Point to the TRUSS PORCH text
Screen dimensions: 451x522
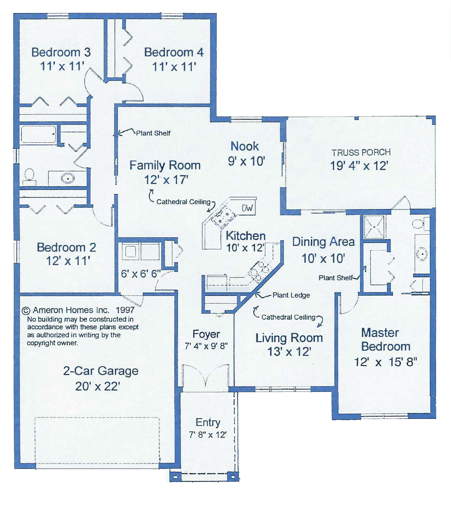[x=361, y=152]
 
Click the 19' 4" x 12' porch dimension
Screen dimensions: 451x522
[x=359, y=166]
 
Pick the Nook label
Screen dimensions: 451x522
[x=245, y=146]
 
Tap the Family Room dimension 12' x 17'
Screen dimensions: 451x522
[x=166, y=180]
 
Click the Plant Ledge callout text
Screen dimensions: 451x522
[x=291, y=295]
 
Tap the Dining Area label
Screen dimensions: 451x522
[x=323, y=242]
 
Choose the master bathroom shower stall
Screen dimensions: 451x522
[x=374, y=227]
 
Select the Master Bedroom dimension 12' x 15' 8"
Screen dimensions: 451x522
[x=386, y=362]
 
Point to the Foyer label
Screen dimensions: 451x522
[x=206, y=334]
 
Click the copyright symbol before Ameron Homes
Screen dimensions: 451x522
[x=26, y=311]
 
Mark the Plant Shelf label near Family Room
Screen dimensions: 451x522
[x=153, y=133]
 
